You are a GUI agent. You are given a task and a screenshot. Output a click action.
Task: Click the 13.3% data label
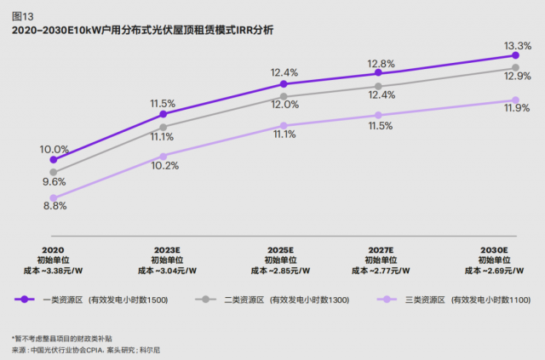click(x=518, y=45)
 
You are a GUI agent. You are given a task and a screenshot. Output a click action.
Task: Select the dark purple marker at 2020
click(x=54, y=159)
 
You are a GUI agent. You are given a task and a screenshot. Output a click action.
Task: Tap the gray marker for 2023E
click(x=163, y=127)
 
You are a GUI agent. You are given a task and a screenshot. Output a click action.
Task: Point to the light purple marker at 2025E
click(x=284, y=126)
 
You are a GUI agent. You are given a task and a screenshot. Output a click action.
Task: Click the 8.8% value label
click(x=54, y=205)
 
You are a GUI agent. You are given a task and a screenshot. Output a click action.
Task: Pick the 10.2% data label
click(x=164, y=165)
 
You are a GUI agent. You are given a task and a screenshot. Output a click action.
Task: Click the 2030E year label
click(x=494, y=250)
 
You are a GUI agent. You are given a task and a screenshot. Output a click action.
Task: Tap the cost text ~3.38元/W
click(x=54, y=271)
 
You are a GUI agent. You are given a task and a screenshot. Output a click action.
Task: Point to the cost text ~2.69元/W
click(x=494, y=271)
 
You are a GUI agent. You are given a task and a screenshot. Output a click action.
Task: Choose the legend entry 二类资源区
click(x=265, y=300)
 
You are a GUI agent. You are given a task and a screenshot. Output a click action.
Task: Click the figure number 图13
click(x=22, y=14)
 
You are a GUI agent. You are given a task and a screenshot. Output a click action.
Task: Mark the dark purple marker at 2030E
click(x=517, y=56)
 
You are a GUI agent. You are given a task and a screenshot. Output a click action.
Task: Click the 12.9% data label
click(x=518, y=76)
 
